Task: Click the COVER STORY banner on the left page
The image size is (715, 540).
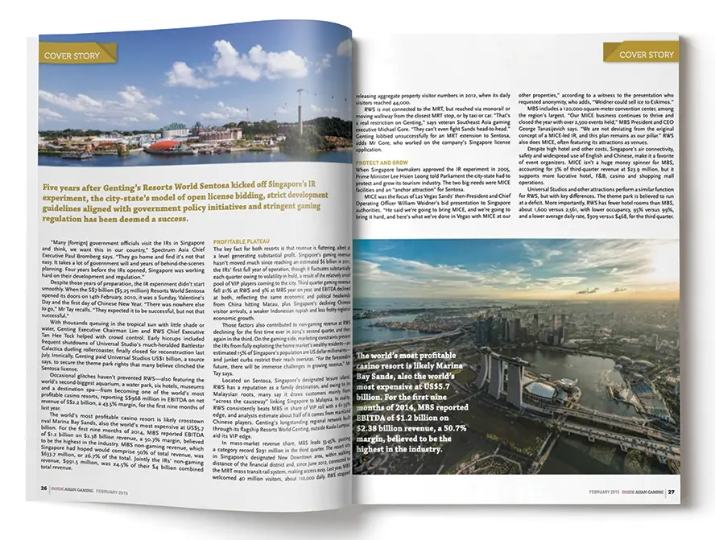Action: coord(72,56)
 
